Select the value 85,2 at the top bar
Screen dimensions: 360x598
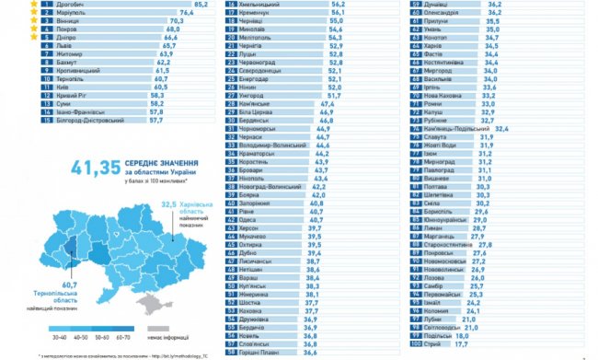[x=201, y=6]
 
